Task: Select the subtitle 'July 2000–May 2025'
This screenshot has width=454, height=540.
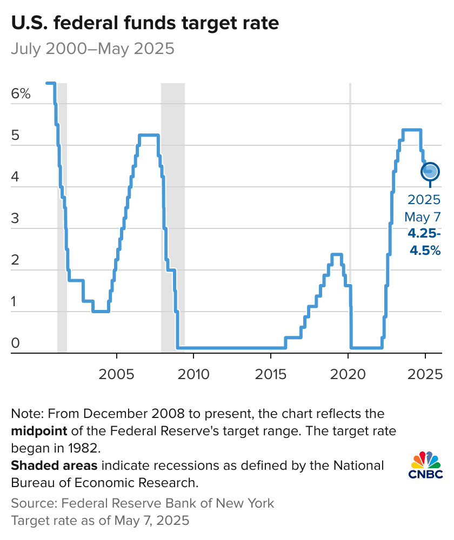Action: (x=92, y=49)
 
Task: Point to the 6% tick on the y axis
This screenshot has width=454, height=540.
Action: (x=21, y=93)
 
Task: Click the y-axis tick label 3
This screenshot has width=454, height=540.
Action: (x=15, y=219)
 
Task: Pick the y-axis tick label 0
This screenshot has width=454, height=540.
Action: (x=15, y=343)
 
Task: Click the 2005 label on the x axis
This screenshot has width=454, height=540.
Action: (x=116, y=374)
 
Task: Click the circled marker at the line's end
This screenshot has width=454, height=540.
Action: (x=430, y=172)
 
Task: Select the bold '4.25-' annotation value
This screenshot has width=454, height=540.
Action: (x=424, y=234)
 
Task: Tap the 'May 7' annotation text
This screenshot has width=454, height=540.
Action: (x=423, y=217)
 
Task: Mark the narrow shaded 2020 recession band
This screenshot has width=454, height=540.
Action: (x=350, y=216)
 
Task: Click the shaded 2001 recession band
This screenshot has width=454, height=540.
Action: (x=62, y=216)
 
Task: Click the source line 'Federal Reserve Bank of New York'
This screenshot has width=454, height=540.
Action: (x=168, y=503)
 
